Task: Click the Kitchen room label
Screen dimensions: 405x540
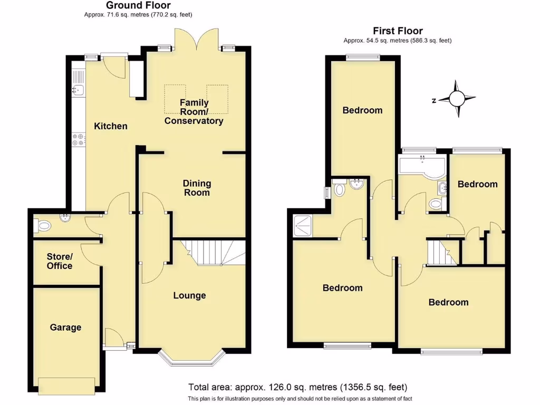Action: pos(111,126)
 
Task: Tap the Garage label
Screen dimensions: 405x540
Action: pos(65,327)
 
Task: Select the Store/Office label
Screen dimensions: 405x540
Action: pos(60,261)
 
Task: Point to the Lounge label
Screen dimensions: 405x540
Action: pos(189,295)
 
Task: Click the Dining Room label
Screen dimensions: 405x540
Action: pos(197,188)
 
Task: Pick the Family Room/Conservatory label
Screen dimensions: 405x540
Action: pos(194,112)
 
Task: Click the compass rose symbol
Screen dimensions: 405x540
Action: pos(457,99)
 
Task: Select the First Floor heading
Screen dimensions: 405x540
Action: pos(398,31)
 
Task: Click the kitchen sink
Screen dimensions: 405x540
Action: pos(78,90)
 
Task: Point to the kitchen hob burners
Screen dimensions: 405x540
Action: pos(78,139)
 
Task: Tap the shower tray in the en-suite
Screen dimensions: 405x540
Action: pos(303,226)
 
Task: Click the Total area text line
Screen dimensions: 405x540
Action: pos(298,387)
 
